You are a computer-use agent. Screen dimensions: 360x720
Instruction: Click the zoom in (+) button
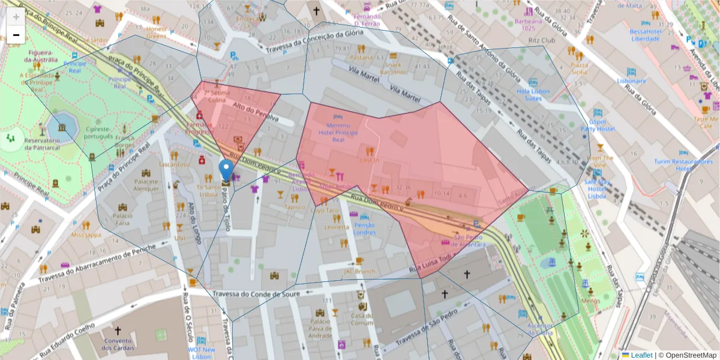pos(16,17)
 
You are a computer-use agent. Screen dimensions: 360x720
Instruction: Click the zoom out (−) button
pos(16,35)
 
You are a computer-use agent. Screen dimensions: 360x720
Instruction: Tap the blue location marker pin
pos(226,171)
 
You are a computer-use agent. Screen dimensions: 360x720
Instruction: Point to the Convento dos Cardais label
pos(118,344)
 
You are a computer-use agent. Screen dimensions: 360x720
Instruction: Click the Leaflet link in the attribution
pos(641,355)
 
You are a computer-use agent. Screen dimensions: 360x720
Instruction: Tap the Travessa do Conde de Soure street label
pos(256,294)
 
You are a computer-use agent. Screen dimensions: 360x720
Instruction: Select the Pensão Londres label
pos(365,229)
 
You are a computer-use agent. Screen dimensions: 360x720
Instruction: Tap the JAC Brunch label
pos(359,271)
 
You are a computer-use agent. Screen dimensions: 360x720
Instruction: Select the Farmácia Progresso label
pos(199,128)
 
